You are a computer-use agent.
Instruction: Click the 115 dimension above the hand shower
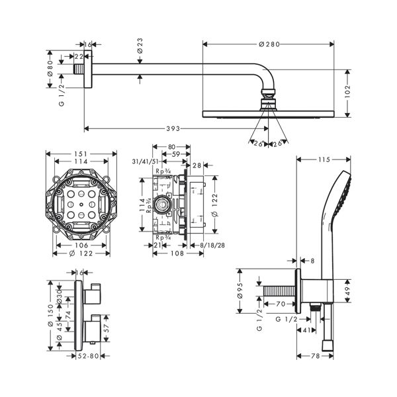pyautogui.click(x=324, y=159)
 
